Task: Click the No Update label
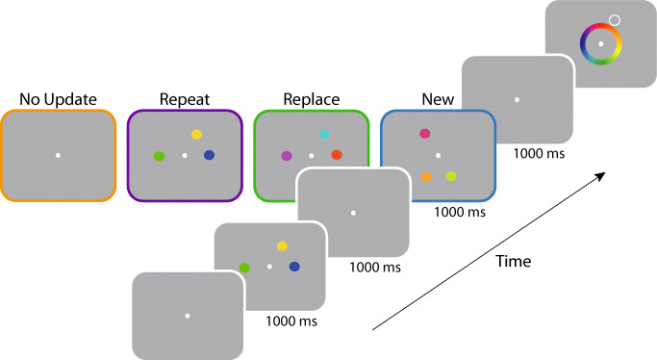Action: (57, 99)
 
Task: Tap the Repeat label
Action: (183, 99)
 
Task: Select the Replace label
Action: (311, 99)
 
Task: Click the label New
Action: (438, 99)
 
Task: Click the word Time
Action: (513, 260)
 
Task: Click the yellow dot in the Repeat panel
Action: (196, 136)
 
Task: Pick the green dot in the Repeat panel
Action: (159, 156)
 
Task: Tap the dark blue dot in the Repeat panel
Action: (209, 156)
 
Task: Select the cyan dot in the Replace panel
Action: (324, 135)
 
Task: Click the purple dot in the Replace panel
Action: (287, 155)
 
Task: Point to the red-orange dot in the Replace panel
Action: (337, 155)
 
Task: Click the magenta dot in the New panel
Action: (424, 134)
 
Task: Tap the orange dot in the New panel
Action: (425, 177)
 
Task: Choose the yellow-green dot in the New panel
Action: (451, 176)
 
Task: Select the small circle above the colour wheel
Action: (615, 19)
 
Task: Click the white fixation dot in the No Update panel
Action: (57, 156)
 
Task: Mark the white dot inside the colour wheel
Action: (601, 44)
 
